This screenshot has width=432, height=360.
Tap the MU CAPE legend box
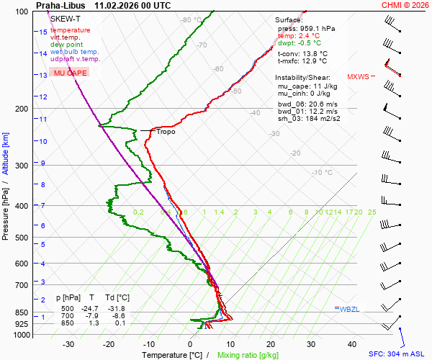click(71, 73)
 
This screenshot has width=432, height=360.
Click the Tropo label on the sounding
click(166, 132)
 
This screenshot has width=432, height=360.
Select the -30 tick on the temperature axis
click(68, 344)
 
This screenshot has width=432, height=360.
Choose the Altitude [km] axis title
click(6, 153)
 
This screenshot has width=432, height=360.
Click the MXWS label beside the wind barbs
click(358, 76)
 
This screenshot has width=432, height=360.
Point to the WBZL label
click(349, 310)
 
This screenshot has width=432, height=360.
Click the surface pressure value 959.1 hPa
click(317, 29)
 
